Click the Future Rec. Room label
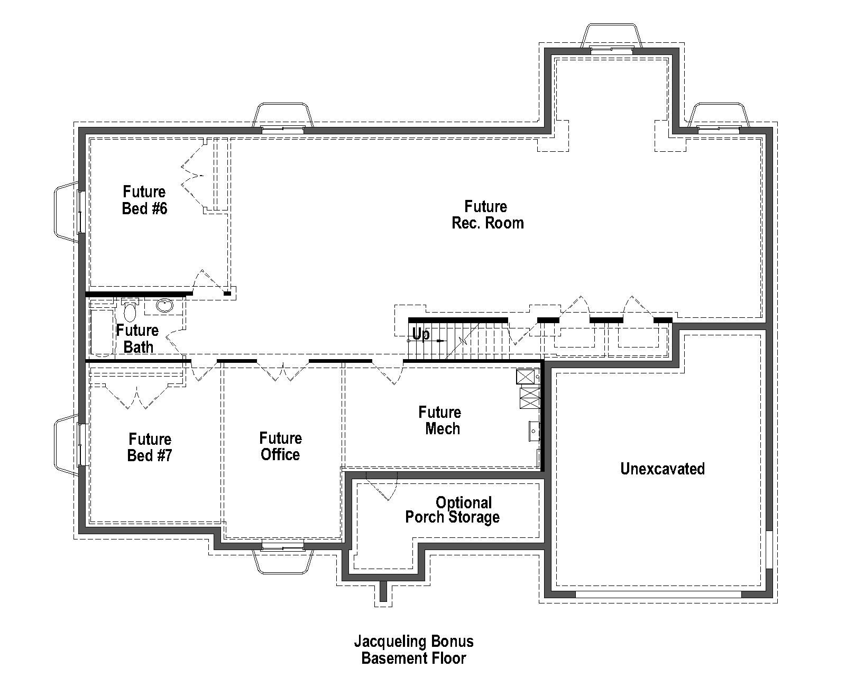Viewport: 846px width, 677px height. pos(487,214)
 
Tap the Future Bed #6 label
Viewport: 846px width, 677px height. pos(144,200)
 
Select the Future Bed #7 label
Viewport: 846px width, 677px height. pos(150,447)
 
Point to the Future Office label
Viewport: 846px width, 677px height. pos(280,446)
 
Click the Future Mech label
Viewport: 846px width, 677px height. pos(440,420)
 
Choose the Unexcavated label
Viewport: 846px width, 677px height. pos(662,469)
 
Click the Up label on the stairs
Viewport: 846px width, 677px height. pos(420,334)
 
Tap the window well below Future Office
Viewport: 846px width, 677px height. pos(283,561)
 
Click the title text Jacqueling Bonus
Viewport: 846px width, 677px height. pos(413,642)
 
